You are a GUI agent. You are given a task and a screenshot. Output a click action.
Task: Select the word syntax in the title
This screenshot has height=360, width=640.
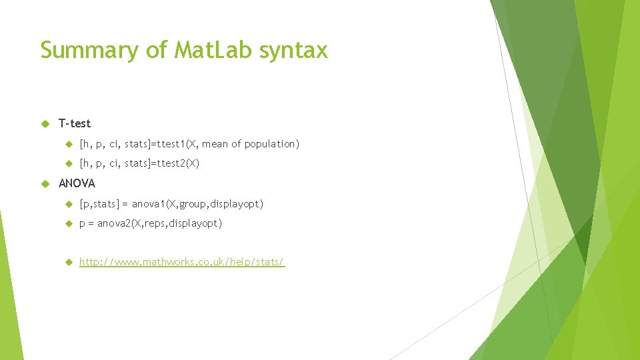(294, 51)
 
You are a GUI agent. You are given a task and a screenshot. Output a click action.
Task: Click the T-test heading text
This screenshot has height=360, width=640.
(75, 123)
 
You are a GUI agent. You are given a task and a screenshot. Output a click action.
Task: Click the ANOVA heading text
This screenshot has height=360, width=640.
(77, 183)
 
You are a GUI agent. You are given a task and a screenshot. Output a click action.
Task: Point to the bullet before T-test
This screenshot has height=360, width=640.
(45, 123)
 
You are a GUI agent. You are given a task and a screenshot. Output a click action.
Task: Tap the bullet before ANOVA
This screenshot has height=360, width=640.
(45, 183)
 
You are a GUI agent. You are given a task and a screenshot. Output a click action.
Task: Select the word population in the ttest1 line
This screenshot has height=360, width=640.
(271, 144)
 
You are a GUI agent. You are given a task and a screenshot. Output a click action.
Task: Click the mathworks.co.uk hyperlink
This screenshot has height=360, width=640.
(182, 263)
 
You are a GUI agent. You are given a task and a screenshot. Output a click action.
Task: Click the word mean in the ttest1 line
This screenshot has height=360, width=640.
(215, 144)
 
